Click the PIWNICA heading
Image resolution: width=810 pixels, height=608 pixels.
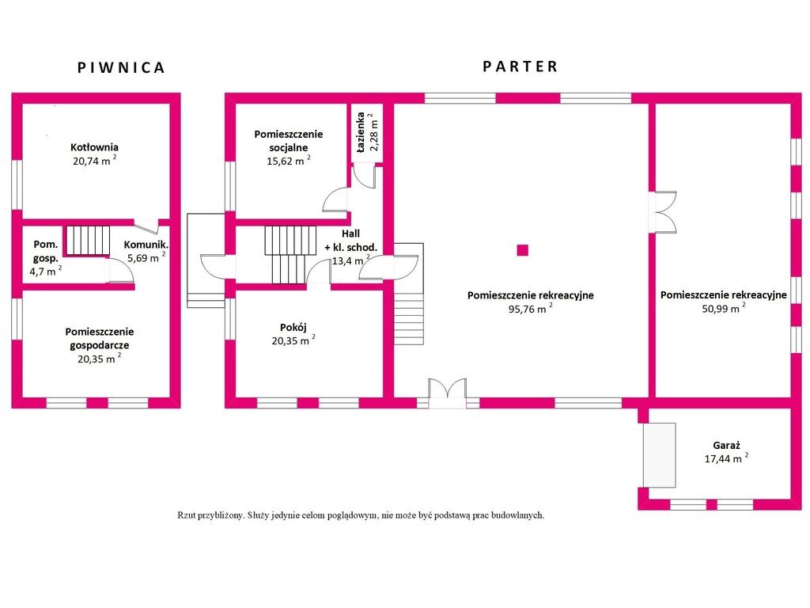click(121, 68)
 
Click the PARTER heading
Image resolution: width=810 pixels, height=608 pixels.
click(520, 66)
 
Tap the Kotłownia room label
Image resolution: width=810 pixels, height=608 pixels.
click(95, 147)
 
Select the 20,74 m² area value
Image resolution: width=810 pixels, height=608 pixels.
click(95, 160)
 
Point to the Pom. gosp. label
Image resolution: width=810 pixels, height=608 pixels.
click(45, 251)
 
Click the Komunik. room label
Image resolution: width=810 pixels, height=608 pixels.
click(146, 245)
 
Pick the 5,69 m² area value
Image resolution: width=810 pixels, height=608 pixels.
click(146, 257)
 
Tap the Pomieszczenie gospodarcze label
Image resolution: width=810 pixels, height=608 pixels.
click(99, 339)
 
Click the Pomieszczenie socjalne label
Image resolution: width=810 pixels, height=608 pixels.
click(288, 141)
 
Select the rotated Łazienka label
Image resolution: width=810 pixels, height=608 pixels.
click(361, 132)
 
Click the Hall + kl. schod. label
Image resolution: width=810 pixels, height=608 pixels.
click(350, 241)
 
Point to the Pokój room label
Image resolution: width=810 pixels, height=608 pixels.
click(293, 327)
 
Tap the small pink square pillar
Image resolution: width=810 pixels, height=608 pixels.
click(523, 250)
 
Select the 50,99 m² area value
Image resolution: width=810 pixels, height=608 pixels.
click(724, 308)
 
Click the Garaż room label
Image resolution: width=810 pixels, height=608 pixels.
click(727, 445)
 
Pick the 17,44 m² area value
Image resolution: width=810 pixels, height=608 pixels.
click(727, 458)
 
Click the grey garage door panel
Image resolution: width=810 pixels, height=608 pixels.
click(659, 455)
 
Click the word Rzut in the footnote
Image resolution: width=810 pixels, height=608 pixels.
click(185, 515)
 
